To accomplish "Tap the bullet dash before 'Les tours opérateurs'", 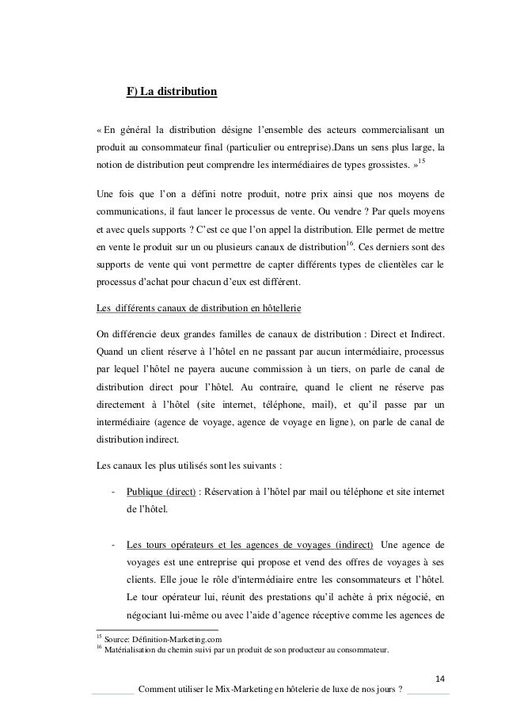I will tap(115, 544).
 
